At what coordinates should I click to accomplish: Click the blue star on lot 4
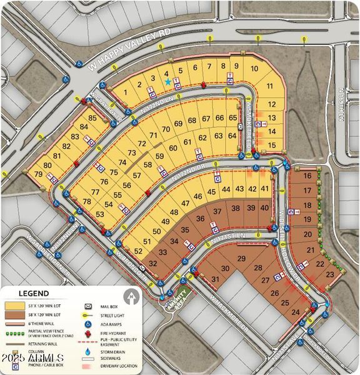(167, 82)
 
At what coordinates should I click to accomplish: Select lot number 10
(254, 69)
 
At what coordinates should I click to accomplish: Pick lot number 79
(38, 174)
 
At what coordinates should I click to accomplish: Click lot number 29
(241, 259)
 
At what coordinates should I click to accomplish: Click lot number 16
(307, 176)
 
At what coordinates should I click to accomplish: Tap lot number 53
(100, 214)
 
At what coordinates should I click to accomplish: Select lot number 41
(265, 189)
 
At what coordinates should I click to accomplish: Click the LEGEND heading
(34, 292)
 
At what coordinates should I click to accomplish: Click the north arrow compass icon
(131, 295)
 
